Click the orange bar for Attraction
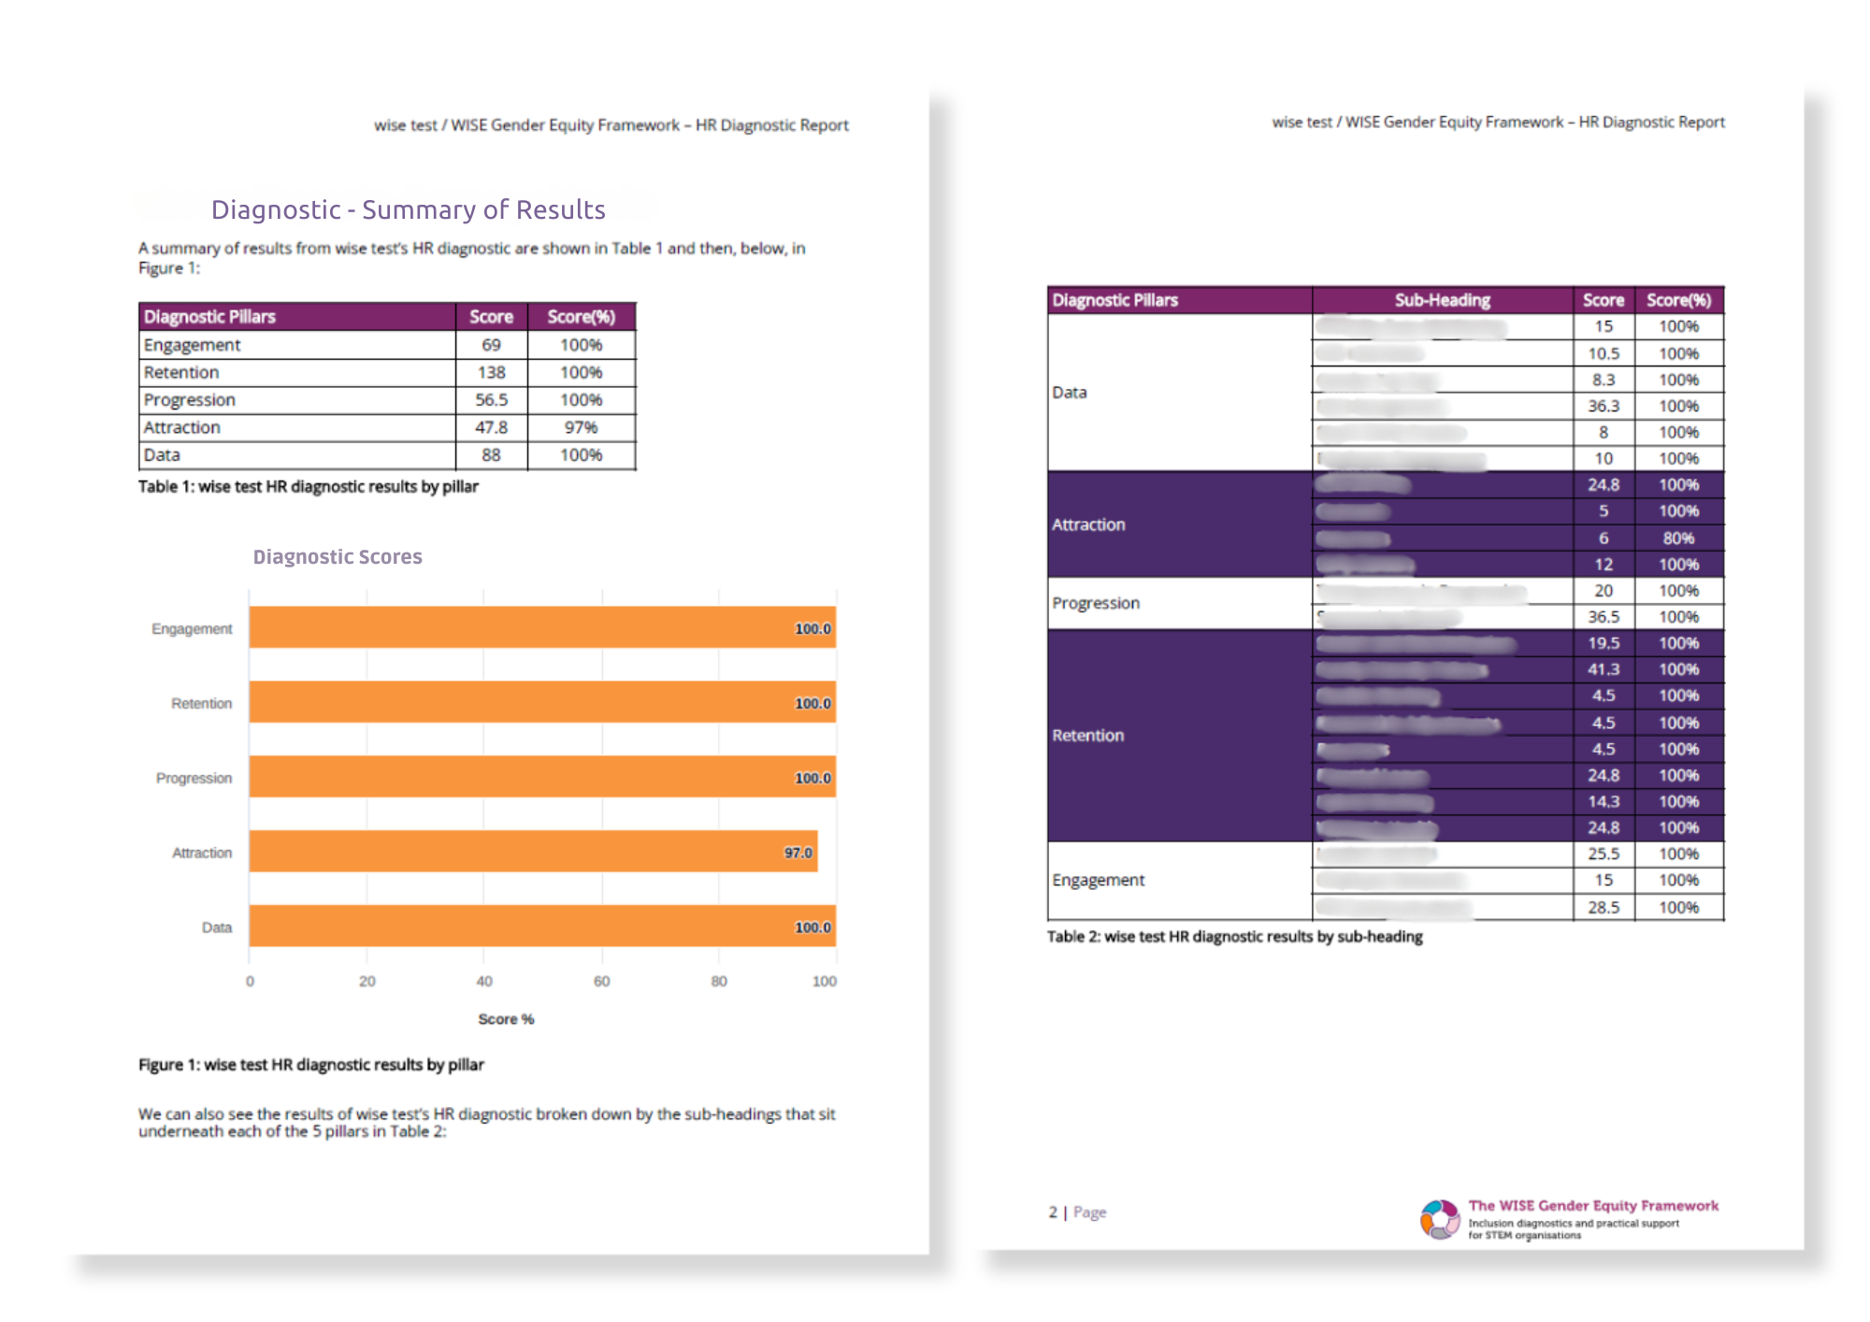(533, 851)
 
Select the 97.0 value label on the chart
(798, 853)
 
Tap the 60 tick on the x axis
(601, 981)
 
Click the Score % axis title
(506, 1019)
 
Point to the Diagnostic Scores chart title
(338, 557)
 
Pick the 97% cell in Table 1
(581, 427)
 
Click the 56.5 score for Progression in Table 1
(491, 400)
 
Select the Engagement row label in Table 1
(192, 345)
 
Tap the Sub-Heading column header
(1442, 300)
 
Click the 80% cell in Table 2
(1678, 538)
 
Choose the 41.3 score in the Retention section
(1603, 669)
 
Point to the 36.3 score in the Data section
(1603, 406)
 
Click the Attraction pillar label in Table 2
(1088, 524)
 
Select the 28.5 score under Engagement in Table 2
(1603, 907)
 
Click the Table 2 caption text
(1234, 936)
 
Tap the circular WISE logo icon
(1440, 1219)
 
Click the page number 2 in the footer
(1053, 1212)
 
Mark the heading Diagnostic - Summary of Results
(408, 209)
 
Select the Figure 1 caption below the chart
(310, 1064)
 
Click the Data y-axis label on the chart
(216, 927)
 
